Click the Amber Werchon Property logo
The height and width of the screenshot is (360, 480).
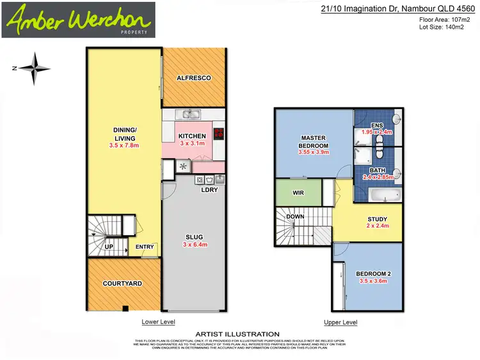tap(77, 19)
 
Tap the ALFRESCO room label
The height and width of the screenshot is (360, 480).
tap(193, 78)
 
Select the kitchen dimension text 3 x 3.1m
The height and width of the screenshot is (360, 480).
tap(192, 145)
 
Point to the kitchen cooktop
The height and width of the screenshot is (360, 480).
tap(219, 134)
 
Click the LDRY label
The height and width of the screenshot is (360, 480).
tap(209, 190)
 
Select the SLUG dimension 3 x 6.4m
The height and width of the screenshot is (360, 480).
tap(193, 245)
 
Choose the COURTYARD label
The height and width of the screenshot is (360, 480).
tap(122, 283)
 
